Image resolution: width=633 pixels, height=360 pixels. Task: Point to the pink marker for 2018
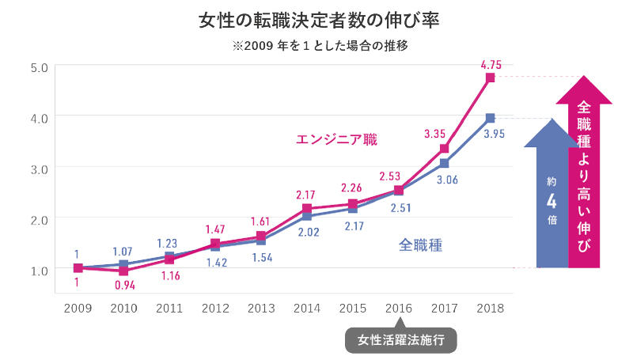491,78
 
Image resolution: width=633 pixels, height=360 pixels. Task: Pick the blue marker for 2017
445,163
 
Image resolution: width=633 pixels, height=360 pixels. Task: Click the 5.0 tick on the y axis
39,66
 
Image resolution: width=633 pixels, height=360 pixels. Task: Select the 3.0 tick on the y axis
39,168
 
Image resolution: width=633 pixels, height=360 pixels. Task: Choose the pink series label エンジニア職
336,140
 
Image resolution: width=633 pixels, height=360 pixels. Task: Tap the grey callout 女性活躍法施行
401,340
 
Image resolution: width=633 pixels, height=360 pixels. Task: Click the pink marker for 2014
307,209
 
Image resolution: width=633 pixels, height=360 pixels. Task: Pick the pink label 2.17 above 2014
307,193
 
